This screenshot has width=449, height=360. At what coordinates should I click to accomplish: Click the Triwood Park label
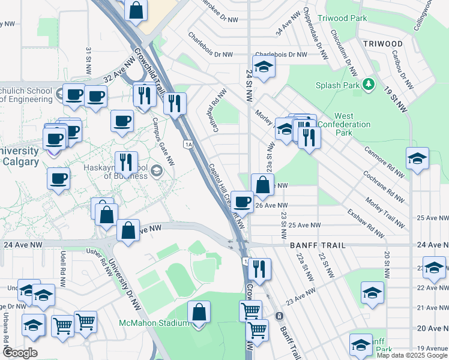342,19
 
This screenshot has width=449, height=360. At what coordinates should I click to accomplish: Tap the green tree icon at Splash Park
367,85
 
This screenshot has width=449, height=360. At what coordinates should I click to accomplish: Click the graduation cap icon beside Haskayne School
157,172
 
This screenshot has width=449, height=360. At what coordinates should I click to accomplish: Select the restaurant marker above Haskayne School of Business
126,162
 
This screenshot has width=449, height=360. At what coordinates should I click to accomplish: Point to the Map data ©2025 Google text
411,355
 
